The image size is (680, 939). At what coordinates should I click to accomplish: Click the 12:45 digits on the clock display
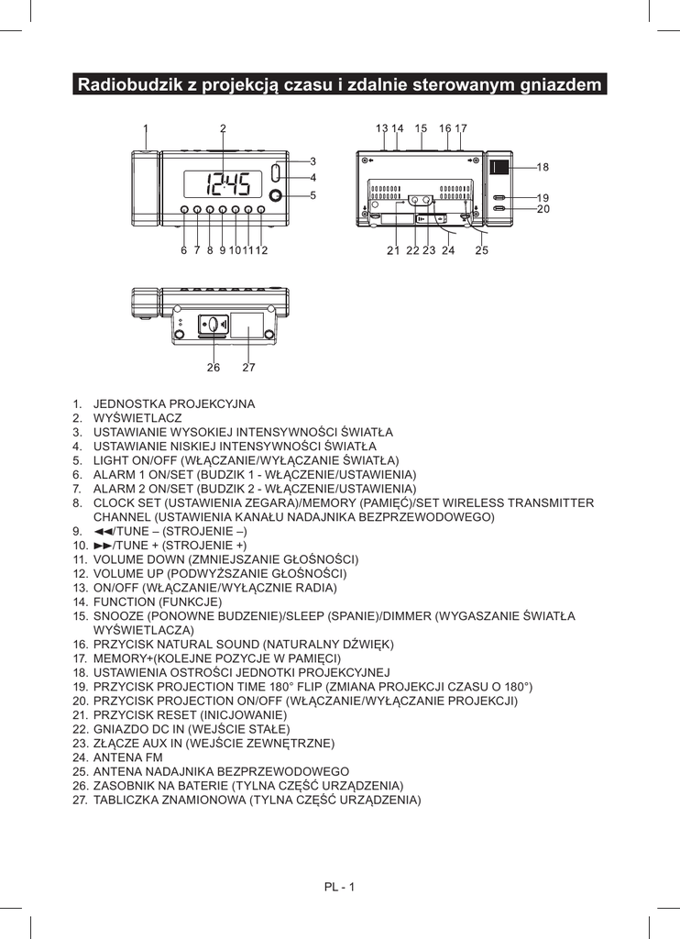(x=227, y=186)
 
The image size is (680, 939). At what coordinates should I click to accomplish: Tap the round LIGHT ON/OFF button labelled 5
(x=277, y=194)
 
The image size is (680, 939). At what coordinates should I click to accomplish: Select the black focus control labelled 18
(x=499, y=167)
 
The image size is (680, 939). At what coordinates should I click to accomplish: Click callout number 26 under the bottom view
(x=214, y=368)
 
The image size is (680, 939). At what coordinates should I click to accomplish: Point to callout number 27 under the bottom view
(x=248, y=368)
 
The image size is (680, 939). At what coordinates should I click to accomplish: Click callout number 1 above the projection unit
(x=146, y=128)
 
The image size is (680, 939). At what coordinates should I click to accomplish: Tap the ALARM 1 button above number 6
(x=184, y=211)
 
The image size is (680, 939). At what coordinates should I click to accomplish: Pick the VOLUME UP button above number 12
(x=261, y=211)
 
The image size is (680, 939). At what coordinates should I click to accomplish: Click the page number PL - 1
(x=339, y=886)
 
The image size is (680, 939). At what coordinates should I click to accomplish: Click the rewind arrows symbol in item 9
(x=102, y=531)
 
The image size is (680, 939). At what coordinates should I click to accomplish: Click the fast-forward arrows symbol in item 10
(x=102, y=546)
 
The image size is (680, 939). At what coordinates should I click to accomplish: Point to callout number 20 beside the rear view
(x=543, y=210)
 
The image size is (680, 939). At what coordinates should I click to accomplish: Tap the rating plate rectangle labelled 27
(x=247, y=326)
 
